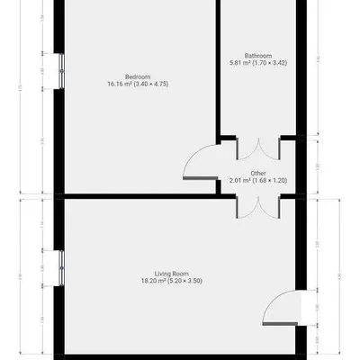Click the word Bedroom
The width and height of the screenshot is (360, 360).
pos(137,76)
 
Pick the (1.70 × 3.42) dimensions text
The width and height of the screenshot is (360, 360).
pos(269,62)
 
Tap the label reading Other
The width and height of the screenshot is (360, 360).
pos(258,172)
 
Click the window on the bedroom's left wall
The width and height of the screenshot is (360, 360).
pos(59,67)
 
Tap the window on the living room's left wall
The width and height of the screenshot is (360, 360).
pos(59,265)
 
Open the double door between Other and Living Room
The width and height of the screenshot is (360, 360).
pos(258,205)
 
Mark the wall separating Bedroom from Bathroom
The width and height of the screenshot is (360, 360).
pos(219,67)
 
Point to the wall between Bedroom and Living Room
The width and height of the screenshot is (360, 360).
pos(135,195)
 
